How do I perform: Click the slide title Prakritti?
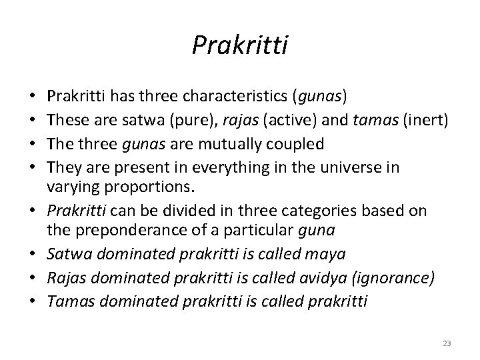[240, 45]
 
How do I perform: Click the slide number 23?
[447, 343]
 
